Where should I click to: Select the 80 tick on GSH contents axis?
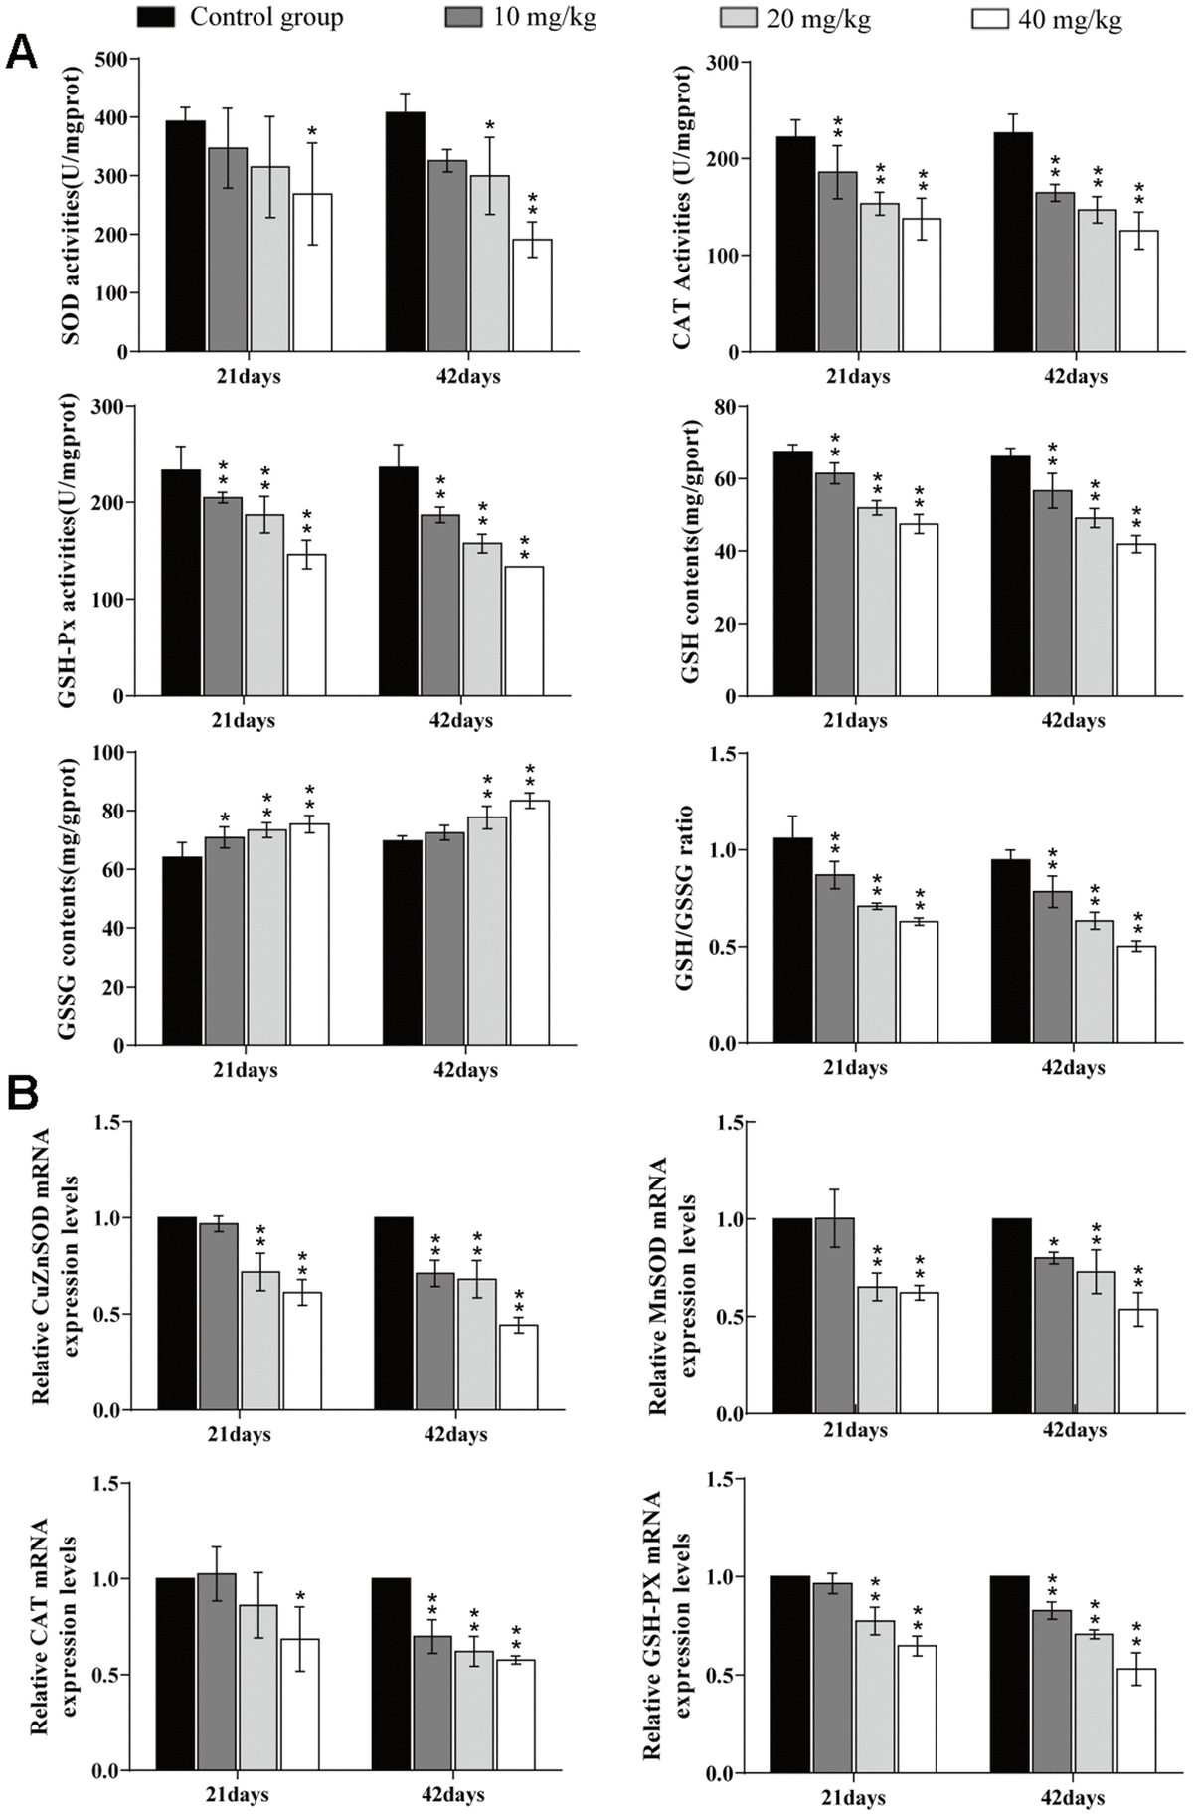pyautogui.click(x=723, y=407)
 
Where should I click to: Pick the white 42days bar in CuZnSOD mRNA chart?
pyautogui.click(x=518, y=1367)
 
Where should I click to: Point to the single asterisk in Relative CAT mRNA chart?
pyautogui.click(x=299, y=1599)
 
